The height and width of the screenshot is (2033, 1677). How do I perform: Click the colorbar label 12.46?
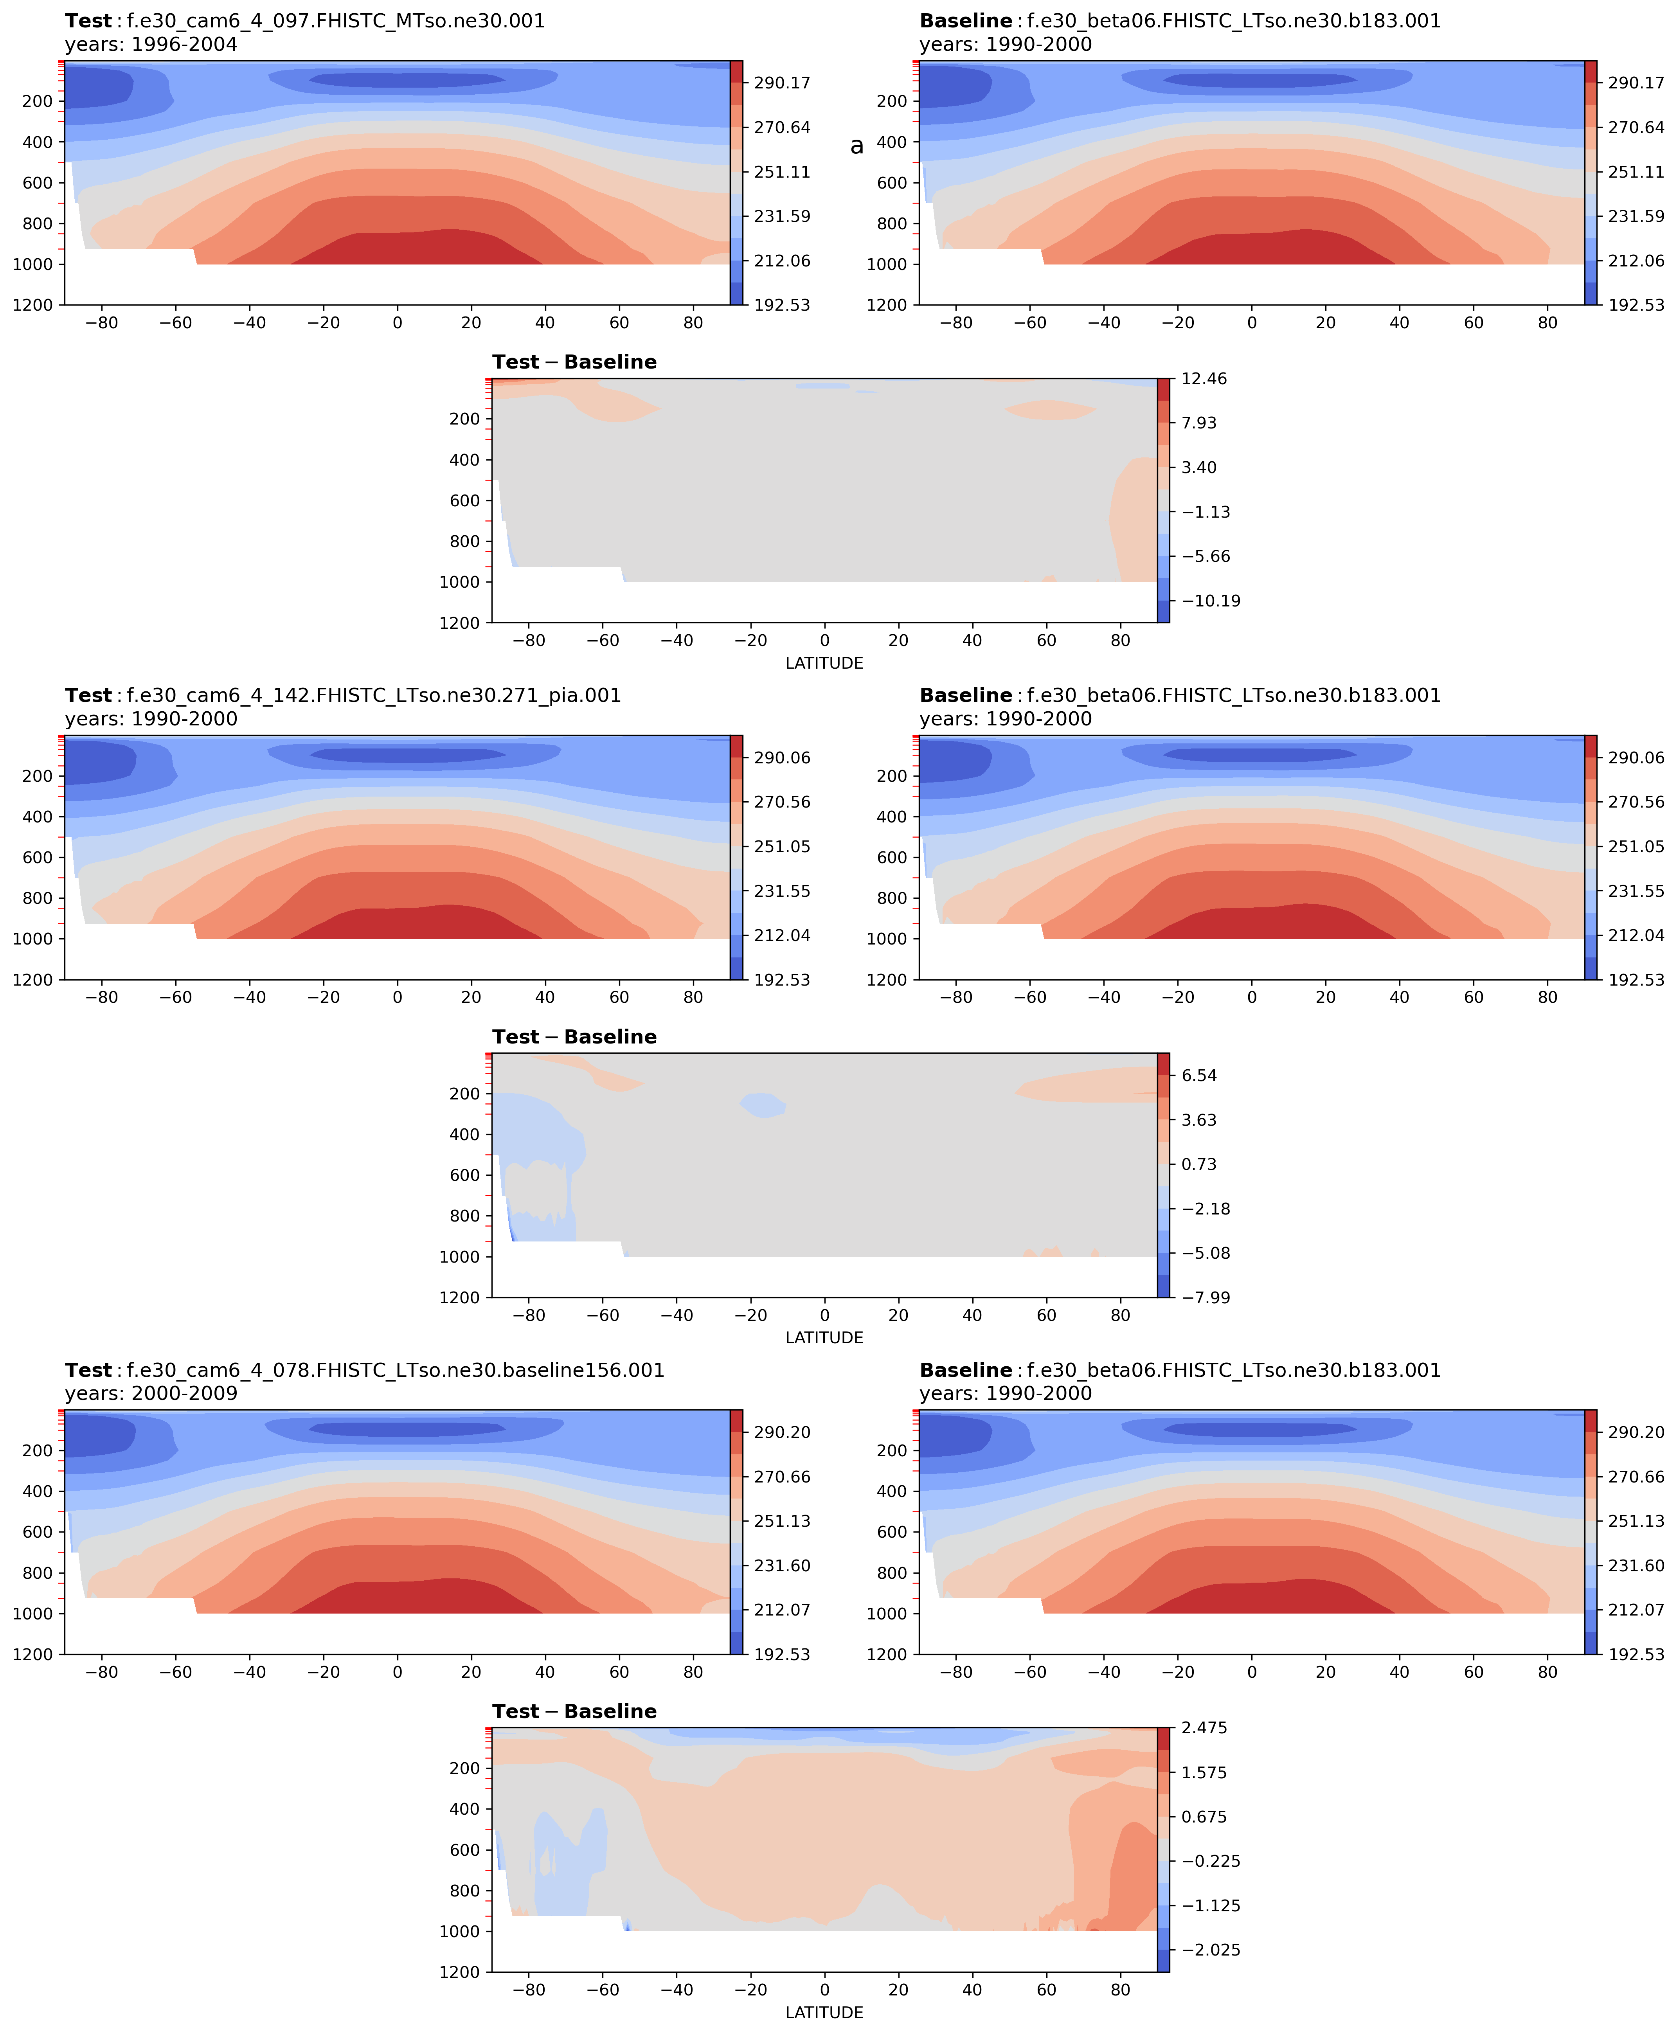(x=1204, y=379)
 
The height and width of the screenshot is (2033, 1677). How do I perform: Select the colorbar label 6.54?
(x=1199, y=1075)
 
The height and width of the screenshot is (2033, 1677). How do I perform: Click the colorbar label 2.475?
(x=1204, y=1728)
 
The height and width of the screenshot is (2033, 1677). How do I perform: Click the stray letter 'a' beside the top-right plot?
(x=857, y=146)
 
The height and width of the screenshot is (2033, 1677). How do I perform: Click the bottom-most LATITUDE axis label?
(x=824, y=2013)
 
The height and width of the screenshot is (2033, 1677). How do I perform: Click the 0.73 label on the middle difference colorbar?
(x=1199, y=1164)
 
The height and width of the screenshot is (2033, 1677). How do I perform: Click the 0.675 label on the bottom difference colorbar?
(x=1204, y=1817)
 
